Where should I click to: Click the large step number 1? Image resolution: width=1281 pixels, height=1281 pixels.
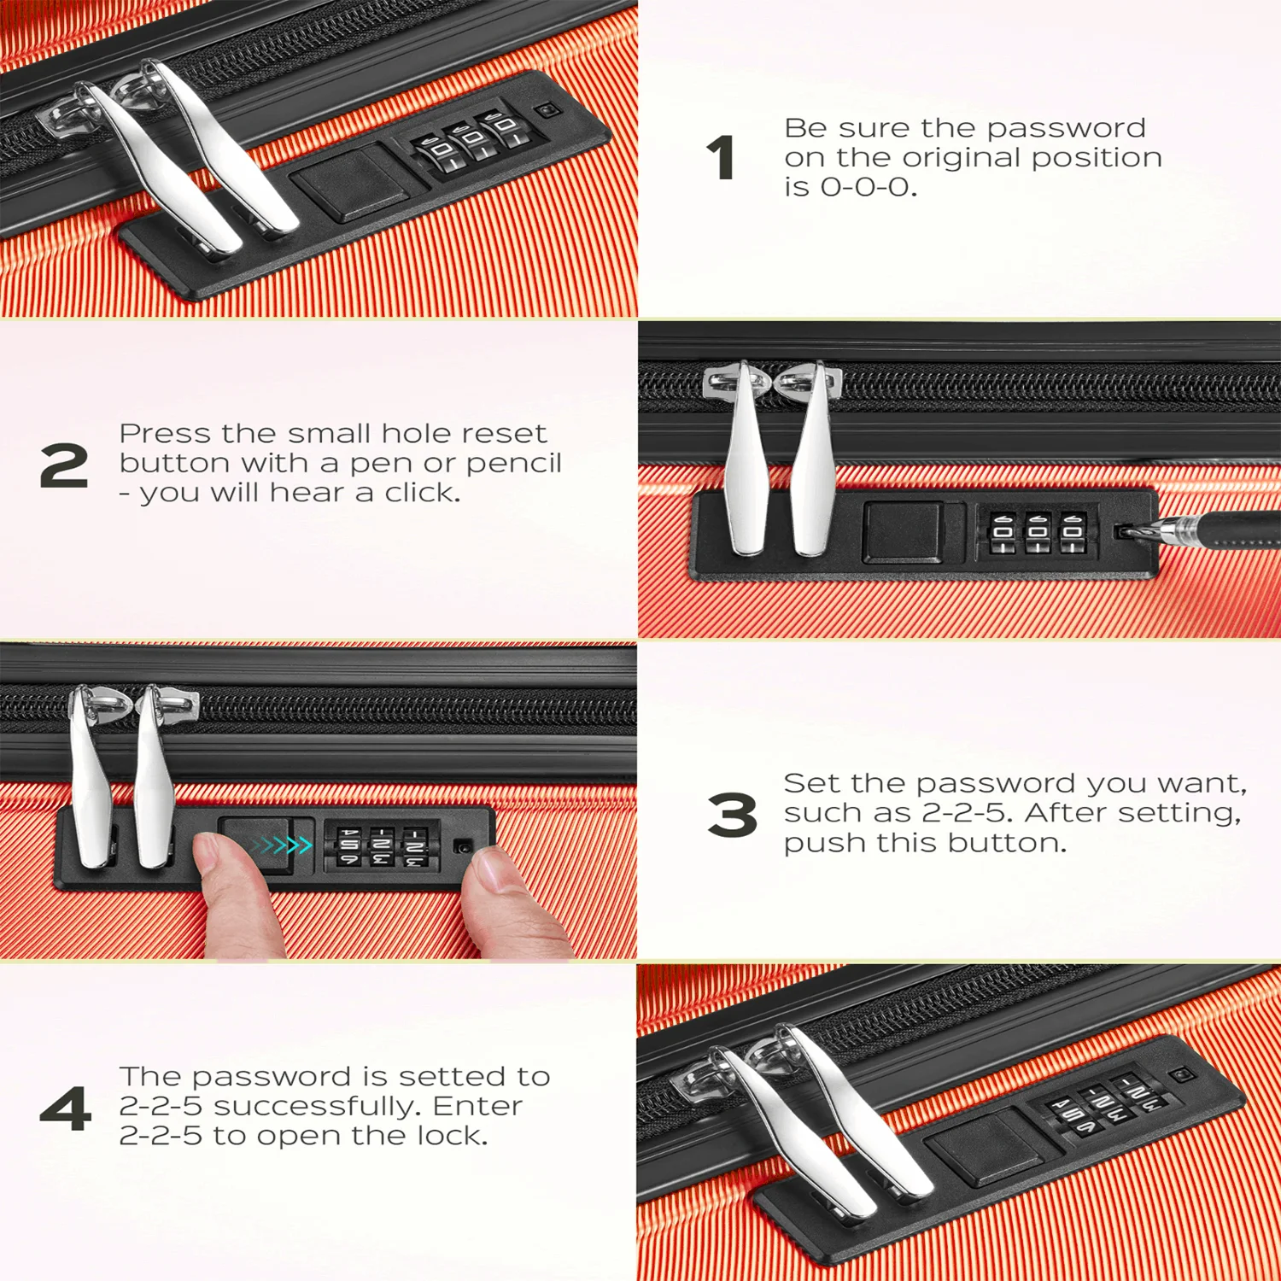tap(722, 158)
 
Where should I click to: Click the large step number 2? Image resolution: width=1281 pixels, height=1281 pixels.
tap(64, 465)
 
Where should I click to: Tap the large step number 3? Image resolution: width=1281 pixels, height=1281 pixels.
tap(732, 815)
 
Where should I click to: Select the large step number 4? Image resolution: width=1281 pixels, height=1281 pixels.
tap(66, 1108)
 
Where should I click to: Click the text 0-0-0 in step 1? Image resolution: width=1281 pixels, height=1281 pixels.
tap(868, 187)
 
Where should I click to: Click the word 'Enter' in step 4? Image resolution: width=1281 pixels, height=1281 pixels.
tap(477, 1106)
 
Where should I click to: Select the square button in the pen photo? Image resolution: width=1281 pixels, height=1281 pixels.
tap(904, 532)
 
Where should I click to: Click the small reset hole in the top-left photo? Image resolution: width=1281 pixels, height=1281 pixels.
tap(545, 112)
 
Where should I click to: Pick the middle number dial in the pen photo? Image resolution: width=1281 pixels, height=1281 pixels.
tap(1038, 534)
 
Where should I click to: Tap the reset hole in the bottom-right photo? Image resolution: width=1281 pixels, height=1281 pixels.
tap(1181, 1073)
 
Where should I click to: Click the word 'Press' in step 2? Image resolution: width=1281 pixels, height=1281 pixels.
tap(165, 434)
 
